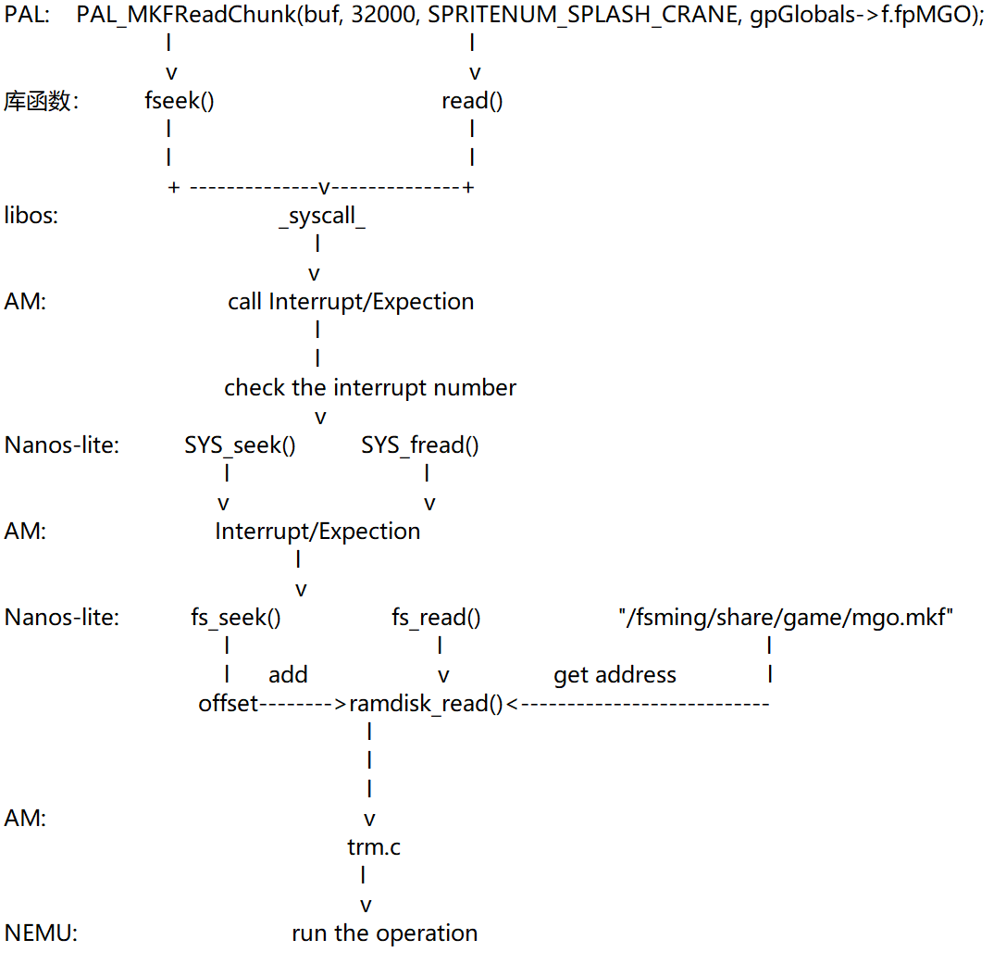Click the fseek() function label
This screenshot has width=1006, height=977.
tap(180, 101)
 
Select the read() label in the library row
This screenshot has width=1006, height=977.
tap(472, 101)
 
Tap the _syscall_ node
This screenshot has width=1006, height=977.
tap(321, 217)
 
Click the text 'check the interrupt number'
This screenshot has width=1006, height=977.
tap(370, 387)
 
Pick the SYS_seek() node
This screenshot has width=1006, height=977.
tap(240, 445)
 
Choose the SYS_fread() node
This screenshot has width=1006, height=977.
tap(420, 445)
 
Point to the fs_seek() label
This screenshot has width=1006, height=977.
tap(236, 617)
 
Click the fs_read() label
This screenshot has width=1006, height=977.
tap(436, 617)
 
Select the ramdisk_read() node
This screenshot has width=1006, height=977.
tap(426, 704)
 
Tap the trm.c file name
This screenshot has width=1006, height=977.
tap(374, 846)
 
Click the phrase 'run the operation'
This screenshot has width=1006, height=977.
tap(384, 933)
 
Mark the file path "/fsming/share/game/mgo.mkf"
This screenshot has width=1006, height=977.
tap(786, 617)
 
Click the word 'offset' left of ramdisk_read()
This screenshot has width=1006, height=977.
tap(228, 704)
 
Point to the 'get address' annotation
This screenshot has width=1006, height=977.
tap(615, 675)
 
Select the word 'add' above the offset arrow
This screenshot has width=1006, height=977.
tap(288, 675)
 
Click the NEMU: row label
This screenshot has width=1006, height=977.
tap(41, 933)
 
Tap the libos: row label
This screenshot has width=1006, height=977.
tap(31, 217)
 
